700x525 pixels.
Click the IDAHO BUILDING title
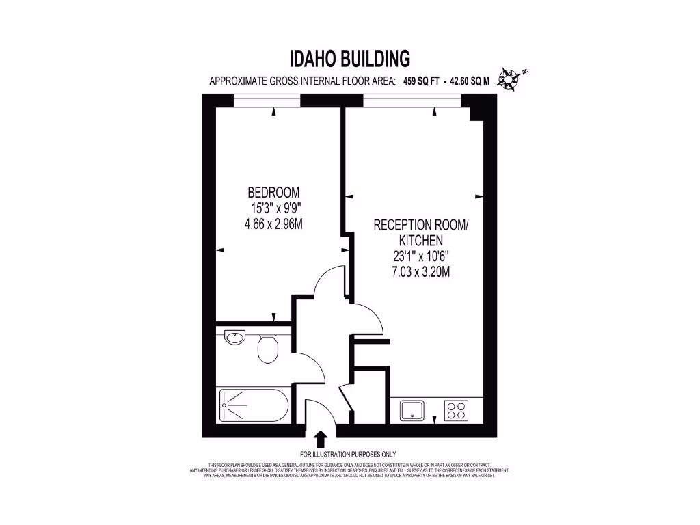click(x=350, y=57)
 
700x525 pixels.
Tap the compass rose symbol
click(x=510, y=79)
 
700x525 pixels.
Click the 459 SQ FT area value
click(x=420, y=81)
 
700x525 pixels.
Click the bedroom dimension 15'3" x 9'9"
click(x=273, y=207)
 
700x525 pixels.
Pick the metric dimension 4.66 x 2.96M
click(x=273, y=223)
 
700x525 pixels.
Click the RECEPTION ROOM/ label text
click(x=421, y=225)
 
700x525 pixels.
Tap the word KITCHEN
click(x=421, y=241)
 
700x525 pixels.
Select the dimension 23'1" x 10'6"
click(x=421, y=257)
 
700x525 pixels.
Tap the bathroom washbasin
click(x=234, y=336)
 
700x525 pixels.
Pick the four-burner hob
click(x=456, y=410)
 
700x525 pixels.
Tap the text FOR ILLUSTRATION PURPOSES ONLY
click(x=348, y=454)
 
